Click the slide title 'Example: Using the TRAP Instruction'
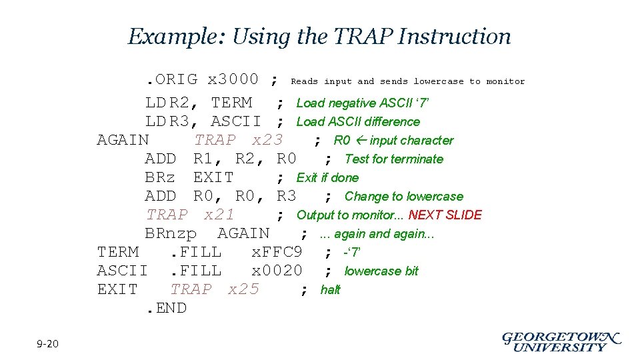[x=319, y=36]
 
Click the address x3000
[x=233, y=80]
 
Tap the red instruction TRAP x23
[x=239, y=140]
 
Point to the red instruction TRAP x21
[x=190, y=215]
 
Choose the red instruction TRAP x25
[x=215, y=289]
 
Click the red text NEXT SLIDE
[x=445, y=215]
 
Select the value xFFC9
[x=277, y=252]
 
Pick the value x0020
[x=277, y=271]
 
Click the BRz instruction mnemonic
[x=160, y=177]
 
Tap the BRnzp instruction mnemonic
[x=171, y=233]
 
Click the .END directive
[x=166, y=308]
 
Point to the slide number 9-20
[x=48, y=344]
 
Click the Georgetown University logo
[x=561, y=341]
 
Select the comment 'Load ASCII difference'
[x=358, y=122]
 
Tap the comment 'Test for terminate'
[x=393, y=159]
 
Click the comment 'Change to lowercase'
[x=403, y=197]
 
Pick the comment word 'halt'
[x=330, y=290]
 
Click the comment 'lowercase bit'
[x=381, y=271]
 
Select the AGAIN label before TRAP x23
[x=123, y=140]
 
